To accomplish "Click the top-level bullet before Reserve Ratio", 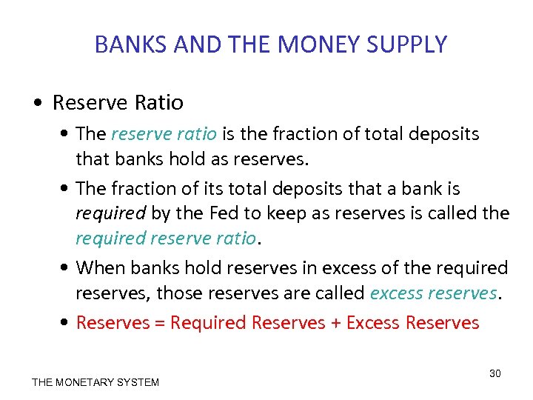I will [x=41, y=102].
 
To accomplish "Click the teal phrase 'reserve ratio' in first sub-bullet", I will [x=164, y=134].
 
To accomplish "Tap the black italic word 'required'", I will [x=111, y=214].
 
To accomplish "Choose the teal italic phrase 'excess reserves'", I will [x=433, y=293].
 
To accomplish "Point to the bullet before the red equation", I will [x=67, y=323].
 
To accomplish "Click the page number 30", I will [x=495, y=373].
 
